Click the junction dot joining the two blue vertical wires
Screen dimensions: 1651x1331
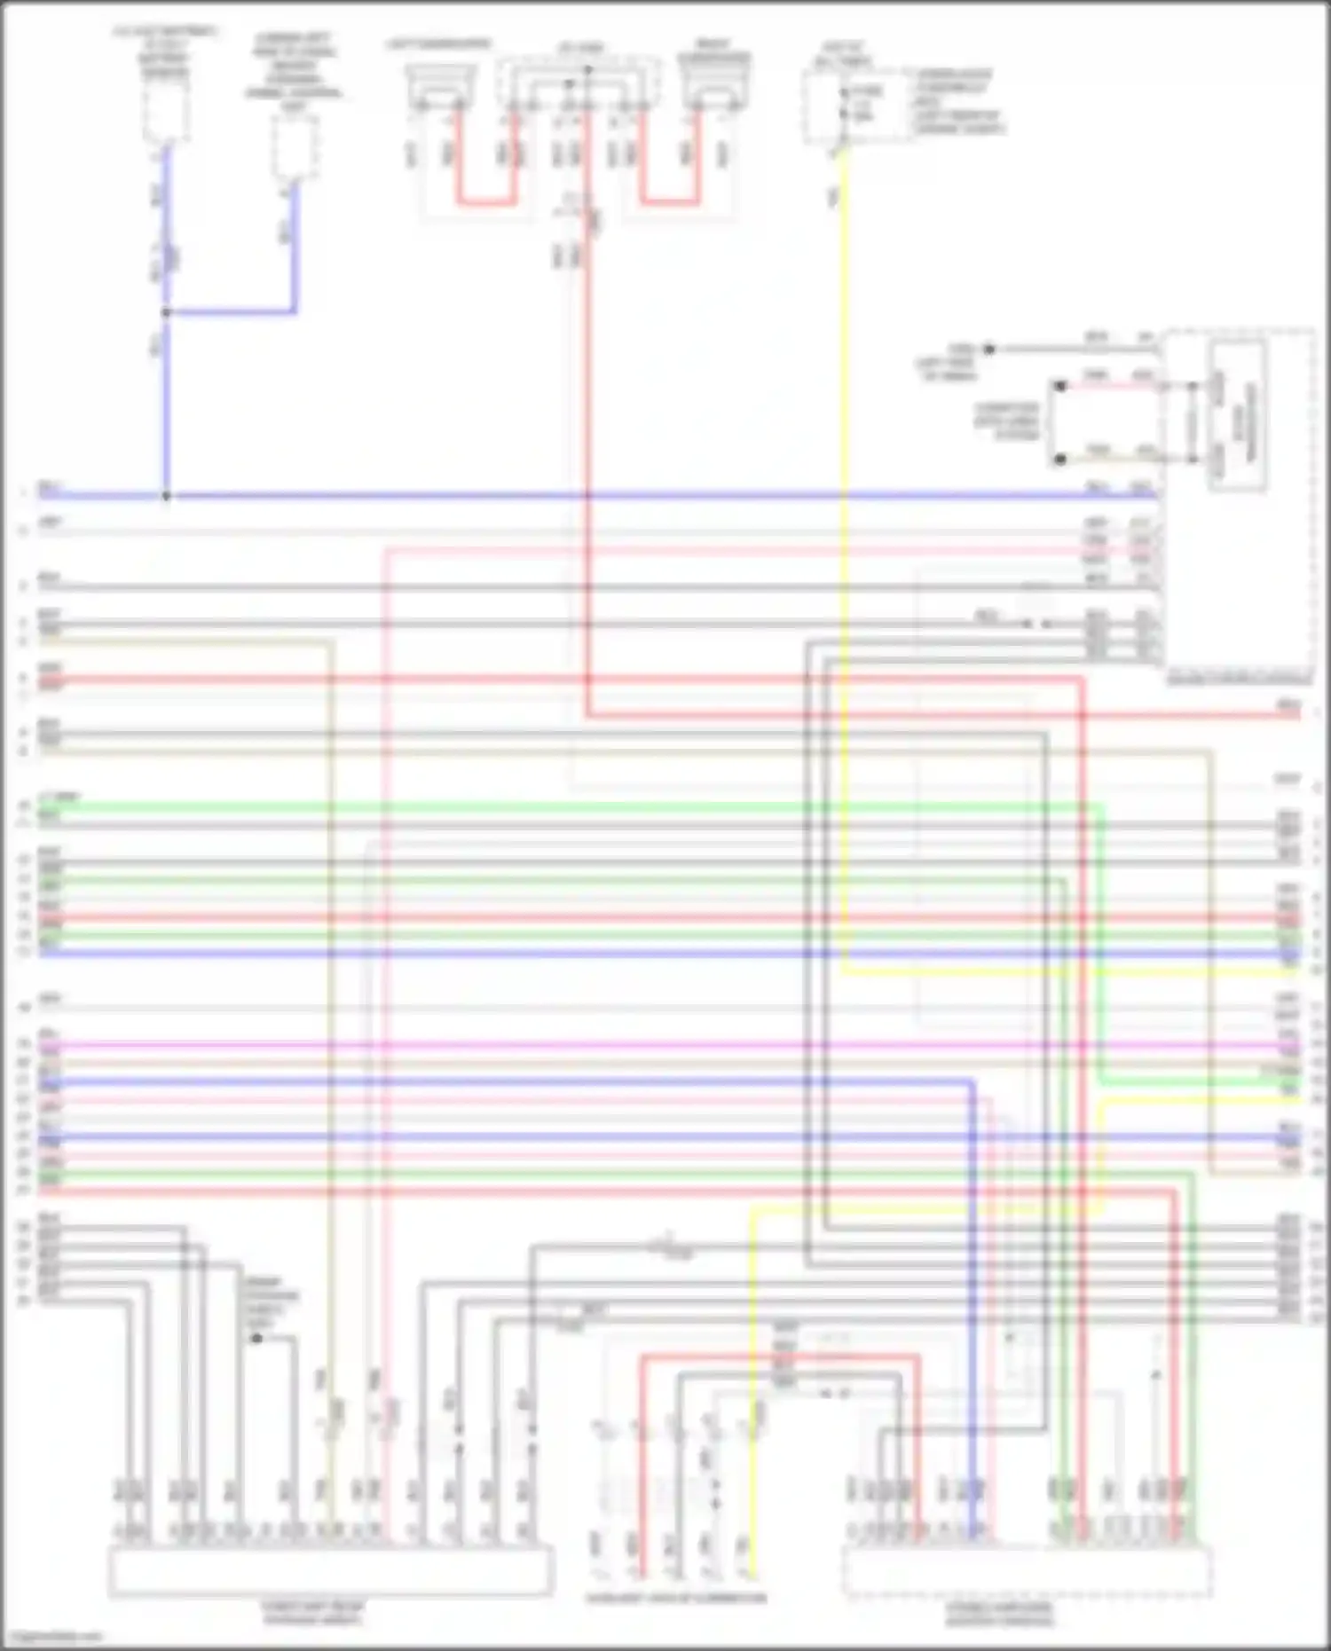[x=166, y=312]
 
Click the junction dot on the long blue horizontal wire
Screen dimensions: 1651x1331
[x=166, y=496]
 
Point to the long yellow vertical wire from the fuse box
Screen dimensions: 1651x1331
[x=843, y=532]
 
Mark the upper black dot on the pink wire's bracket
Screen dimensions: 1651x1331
[x=1059, y=387]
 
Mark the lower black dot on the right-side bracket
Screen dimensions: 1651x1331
[x=1059, y=460]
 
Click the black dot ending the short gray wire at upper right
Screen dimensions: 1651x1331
[x=989, y=350]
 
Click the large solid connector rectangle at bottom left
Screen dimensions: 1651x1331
[x=330, y=1569]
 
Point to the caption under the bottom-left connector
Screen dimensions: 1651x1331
[x=311, y=1612]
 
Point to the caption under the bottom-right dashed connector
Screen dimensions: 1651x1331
[x=999, y=1614]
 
